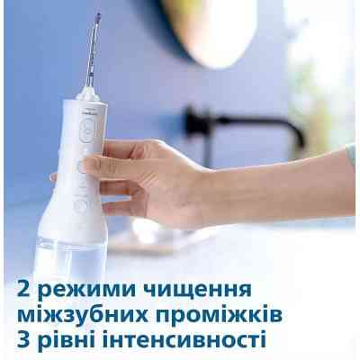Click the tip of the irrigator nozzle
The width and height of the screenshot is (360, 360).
[97, 17]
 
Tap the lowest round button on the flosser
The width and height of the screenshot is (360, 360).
[81, 205]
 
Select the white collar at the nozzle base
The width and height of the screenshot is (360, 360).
[88, 91]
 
